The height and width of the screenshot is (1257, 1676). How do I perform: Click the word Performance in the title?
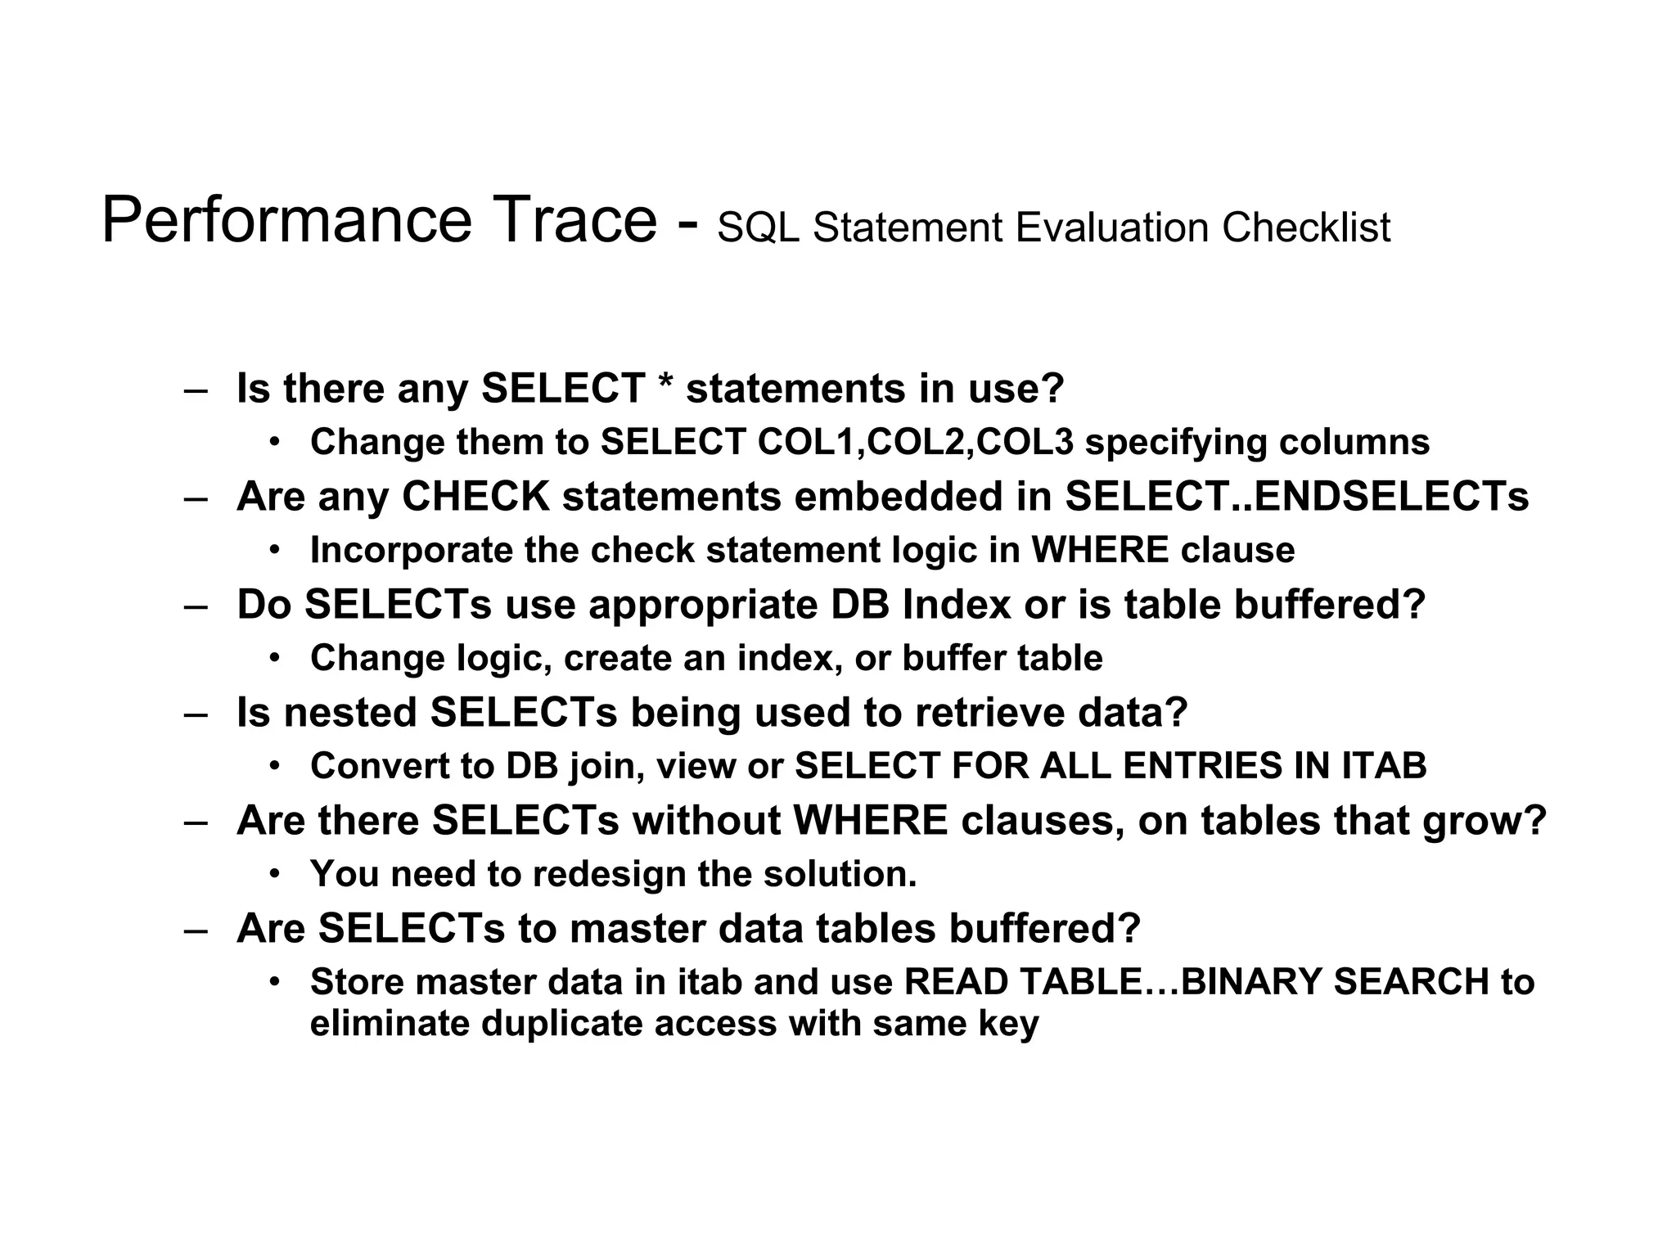(x=286, y=221)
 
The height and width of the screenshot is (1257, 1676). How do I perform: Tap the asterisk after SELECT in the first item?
(x=665, y=385)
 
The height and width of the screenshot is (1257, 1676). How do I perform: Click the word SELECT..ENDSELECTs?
(x=1296, y=496)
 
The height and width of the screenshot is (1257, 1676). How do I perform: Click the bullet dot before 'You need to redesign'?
(x=275, y=873)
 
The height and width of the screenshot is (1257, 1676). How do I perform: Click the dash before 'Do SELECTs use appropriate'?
(x=196, y=606)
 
